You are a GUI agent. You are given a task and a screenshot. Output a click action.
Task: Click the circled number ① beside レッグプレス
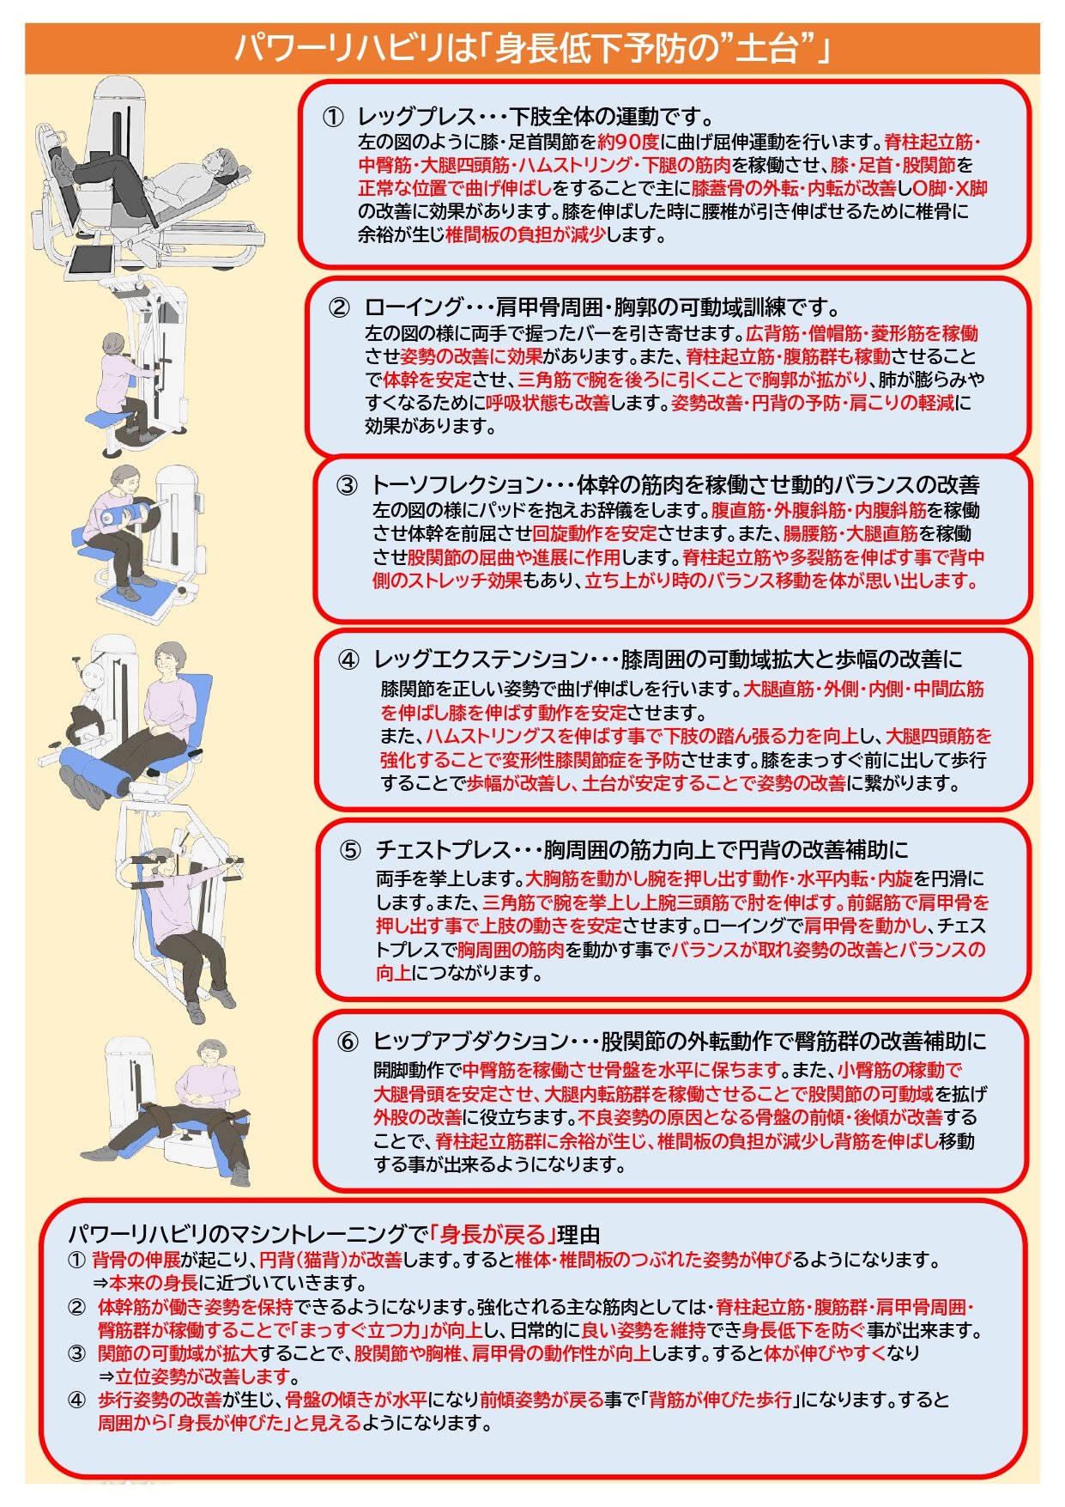point(333,118)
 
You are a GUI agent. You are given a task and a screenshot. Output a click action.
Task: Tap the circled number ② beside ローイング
point(340,307)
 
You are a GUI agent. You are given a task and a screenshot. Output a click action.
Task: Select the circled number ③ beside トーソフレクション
point(347,486)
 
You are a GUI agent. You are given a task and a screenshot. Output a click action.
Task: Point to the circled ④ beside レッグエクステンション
point(348,660)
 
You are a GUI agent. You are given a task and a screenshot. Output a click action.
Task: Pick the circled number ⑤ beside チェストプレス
point(350,851)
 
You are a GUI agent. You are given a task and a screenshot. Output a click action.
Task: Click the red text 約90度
point(628,142)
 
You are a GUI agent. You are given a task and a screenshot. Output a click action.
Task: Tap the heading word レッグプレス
point(407,118)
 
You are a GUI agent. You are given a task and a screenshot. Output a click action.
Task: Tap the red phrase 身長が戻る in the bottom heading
point(493,1235)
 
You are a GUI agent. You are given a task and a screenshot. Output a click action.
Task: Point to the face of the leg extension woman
point(166,661)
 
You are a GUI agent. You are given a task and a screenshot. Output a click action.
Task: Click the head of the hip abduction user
point(209,1053)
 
